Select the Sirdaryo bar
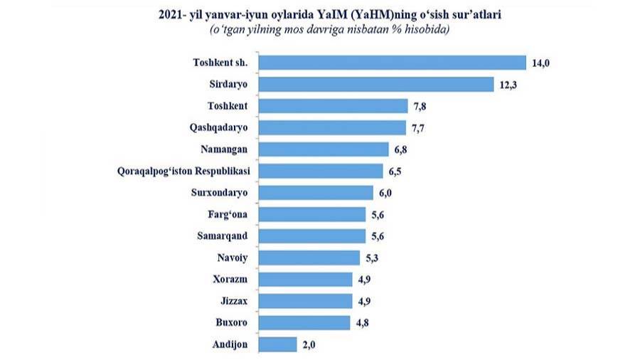(375, 85)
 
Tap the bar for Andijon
(277, 344)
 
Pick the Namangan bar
(323, 149)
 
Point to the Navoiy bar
(309, 258)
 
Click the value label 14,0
(542, 63)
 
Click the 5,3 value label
(376, 258)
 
